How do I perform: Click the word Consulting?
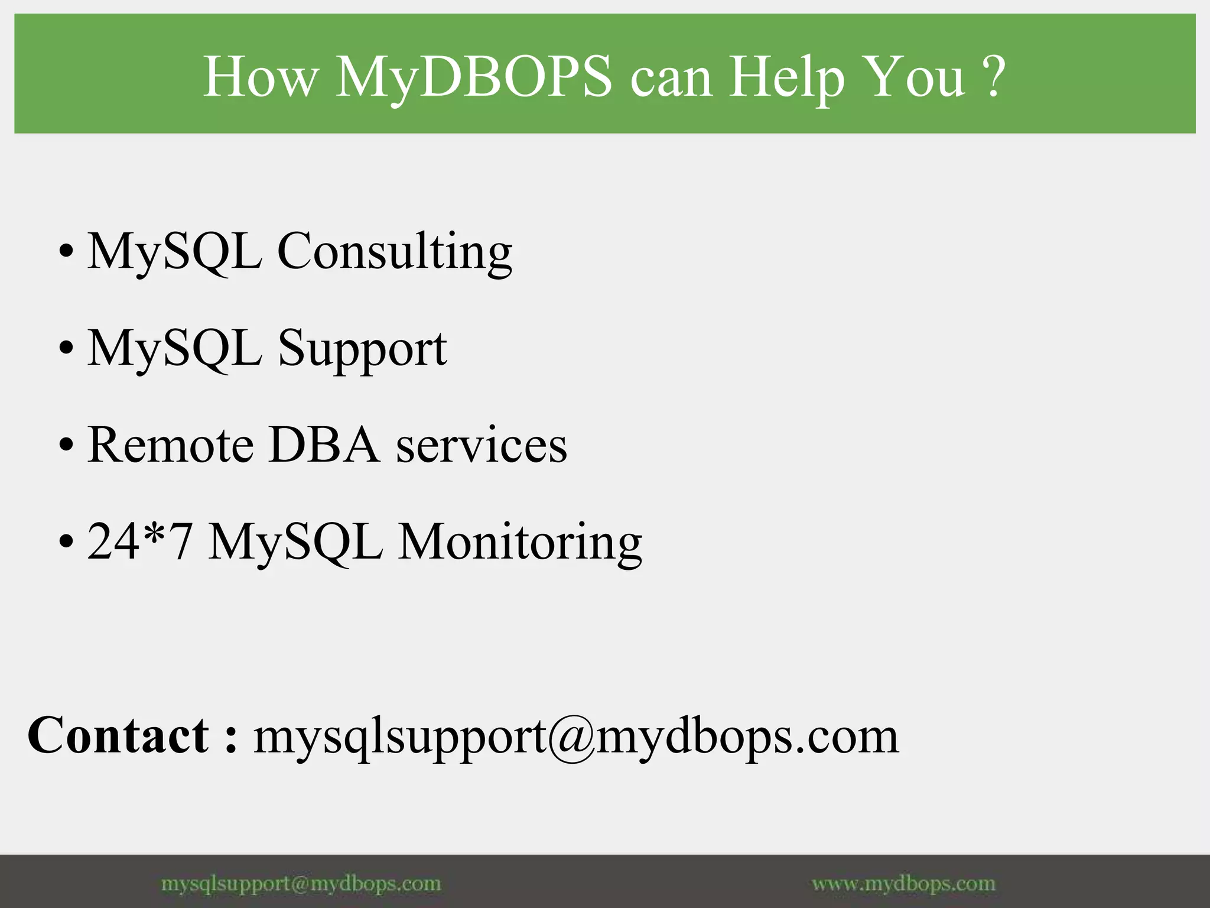(395, 252)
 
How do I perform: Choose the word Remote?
(171, 445)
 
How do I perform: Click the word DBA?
(324, 445)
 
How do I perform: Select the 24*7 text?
(140, 541)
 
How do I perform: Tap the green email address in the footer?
(301, 884)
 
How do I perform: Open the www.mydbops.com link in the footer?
(903, 884)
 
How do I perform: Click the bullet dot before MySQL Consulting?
(66, 251)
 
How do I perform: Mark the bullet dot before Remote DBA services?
(66, 445)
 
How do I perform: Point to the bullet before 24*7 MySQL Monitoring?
(66, 541)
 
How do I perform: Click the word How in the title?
(261, 77)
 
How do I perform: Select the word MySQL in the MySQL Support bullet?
(175, 349)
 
